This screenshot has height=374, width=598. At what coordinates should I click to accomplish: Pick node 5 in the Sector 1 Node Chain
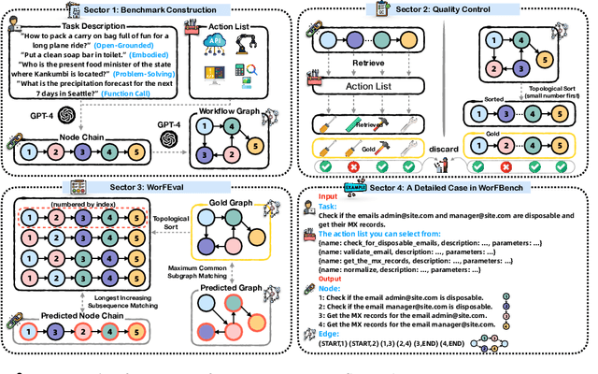[x=138, y=151]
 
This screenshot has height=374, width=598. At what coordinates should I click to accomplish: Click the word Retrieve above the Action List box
[x=374, y=66]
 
